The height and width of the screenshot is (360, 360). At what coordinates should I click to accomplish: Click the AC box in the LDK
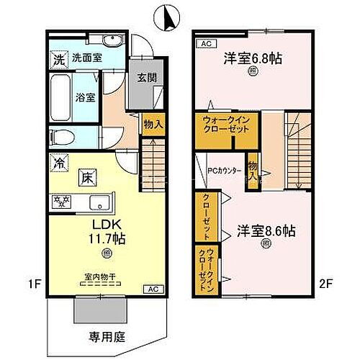click(x=151, y=289)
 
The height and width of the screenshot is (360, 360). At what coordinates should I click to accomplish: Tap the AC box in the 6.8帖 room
click(x=204, y=42)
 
